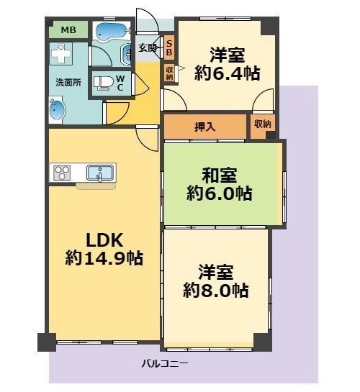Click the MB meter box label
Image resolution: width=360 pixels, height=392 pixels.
(68, 30)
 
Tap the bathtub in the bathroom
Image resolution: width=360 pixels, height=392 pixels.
(112, 31)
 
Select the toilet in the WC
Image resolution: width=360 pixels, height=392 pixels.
(104, 83)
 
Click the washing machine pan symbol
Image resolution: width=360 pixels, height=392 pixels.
(61, 53)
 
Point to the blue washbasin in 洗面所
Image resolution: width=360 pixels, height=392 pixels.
(57, 111)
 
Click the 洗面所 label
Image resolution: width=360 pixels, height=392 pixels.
(68, 82)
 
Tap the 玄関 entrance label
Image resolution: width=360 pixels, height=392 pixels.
(148, 47)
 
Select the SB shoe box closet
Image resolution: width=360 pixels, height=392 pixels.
(169, 48)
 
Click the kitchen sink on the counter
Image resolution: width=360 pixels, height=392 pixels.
(100, 173)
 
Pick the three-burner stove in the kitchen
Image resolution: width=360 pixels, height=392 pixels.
(62, 173)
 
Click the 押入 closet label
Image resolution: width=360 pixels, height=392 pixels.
(205, 127)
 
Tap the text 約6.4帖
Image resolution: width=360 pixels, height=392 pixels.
(228, 73)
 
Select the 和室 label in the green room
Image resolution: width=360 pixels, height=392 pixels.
(220, 175)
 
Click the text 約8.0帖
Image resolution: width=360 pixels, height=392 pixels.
(216, 291)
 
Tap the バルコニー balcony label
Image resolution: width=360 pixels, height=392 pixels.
(164, 363)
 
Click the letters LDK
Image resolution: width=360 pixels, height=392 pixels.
(104, 240)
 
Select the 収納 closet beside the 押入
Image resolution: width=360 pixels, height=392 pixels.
(263, 126)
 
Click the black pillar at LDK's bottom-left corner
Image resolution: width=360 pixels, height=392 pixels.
(47, 342)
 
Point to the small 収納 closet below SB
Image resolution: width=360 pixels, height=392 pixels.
(170, 73)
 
